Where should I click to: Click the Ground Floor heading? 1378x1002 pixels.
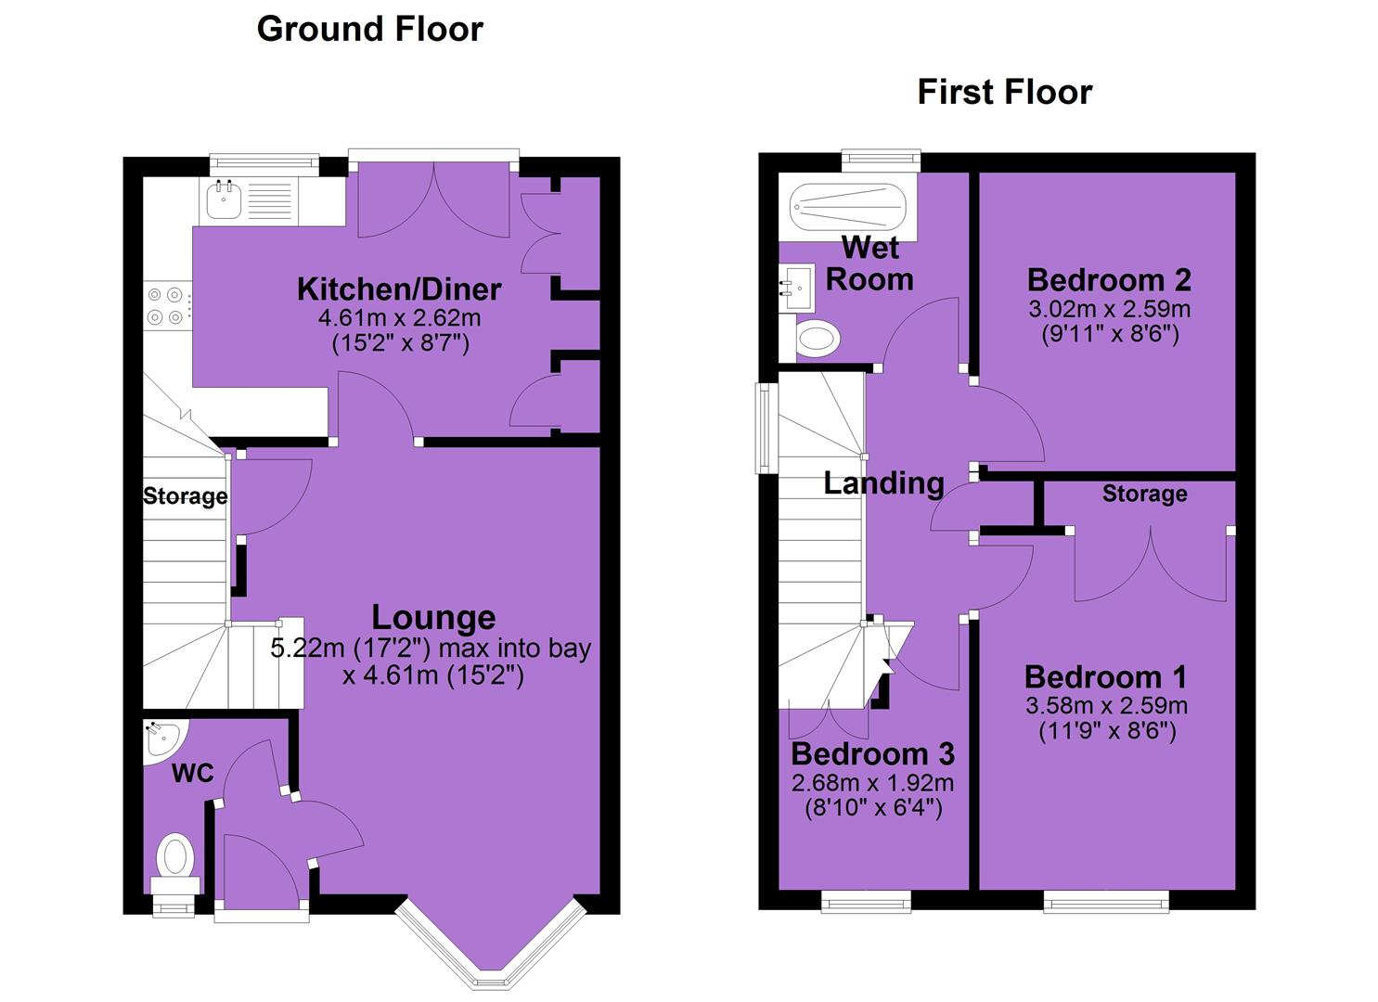pyautogui.click(x=369, y=30)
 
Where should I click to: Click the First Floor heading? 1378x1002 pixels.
pyautogui.click(x=1005, y=93)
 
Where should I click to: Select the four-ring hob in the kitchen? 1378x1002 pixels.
pyautogui.click(x=165, y=306)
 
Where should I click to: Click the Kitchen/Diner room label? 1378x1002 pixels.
pyautogui.click(x=399, y=289)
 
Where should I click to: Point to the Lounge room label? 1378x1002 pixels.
pyautogui.click(x=433, y=619)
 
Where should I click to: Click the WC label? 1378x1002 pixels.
pyautogui.click(x=193, y=773)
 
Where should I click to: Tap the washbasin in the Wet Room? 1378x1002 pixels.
pyautogui.click(x=796, y=288)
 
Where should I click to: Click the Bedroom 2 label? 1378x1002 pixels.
pyautogui.click(x=1109, y=280)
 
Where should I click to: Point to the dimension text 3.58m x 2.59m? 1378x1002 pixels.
pyautogui.click(x=1106, y=705)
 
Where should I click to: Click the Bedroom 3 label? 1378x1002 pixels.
pyautogui.click(x=872, y=754)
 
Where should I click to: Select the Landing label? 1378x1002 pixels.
pyautogui.click(x=883, y=483)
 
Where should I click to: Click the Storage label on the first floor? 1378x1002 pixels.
pyautogui.click(x=1144, y=494)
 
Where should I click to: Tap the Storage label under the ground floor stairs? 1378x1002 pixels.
pyautogui.click(x=186, y=496)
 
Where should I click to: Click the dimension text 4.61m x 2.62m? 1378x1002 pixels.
pyautogui.click(x=399, y=318)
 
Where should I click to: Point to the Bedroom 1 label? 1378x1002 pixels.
pyautogui.click(x=1105, y=677)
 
